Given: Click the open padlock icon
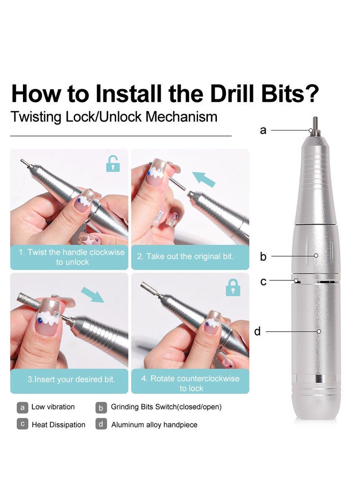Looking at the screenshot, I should [x=113, y=164].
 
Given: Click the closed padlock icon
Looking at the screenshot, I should [x=232, y=287].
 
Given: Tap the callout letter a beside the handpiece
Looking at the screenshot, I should [x=263, y=130].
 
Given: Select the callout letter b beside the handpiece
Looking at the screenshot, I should [x=263, y=257].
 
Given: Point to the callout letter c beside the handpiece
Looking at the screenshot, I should [x=263, y=282].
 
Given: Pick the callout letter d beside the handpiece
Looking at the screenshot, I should [x=257, y=332].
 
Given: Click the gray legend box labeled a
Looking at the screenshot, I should [x=22, y=407].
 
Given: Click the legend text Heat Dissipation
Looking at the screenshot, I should [x=58, y=424].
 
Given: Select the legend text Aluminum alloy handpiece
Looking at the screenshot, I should [x=154, y=424].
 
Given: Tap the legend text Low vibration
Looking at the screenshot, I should [x=53, y=407].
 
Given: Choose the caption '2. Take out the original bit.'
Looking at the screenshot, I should [x=185, y=257].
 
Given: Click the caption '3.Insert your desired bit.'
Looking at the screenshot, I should [x=71, y=379].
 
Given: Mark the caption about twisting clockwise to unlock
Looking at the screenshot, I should [x=72, y=257].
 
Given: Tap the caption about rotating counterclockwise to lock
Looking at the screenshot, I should [x=190, y=383].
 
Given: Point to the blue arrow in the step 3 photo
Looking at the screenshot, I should [x=93, y=295].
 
